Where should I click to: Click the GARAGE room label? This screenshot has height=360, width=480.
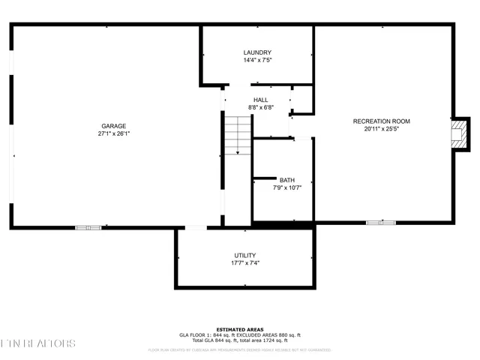coord(114,126)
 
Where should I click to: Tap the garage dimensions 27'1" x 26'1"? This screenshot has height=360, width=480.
coord(114,134)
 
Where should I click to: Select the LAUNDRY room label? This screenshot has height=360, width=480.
coord(256,52)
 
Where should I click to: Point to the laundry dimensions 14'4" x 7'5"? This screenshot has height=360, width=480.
coord(256,60)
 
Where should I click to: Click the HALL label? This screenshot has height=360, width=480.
coord(260,100)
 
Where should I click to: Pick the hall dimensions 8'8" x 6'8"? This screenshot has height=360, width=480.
coord(260,107)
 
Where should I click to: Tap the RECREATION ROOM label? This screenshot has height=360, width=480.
coord(382,121)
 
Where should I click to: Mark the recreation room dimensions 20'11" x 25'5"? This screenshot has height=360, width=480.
coord(382,128)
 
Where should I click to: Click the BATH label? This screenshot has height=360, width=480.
coord(286,180)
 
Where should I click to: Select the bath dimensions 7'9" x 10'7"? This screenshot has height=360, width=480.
coord(286,187)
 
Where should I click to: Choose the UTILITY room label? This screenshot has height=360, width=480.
coord(244,255)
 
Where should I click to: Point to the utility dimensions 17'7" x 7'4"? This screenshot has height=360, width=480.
coord(244,263)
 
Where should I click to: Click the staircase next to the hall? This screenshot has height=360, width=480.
coord(238,136)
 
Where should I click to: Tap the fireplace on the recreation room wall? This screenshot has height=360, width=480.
coord(459,133)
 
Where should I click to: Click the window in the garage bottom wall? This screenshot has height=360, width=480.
coord(88,226)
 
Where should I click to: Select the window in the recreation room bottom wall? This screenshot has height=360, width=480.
coord(380,223)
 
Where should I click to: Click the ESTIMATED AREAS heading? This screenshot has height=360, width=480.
coord(239,329)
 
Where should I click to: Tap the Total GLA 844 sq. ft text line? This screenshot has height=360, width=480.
coord(239,340)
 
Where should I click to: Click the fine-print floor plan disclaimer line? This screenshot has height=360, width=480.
coord(239,349)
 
